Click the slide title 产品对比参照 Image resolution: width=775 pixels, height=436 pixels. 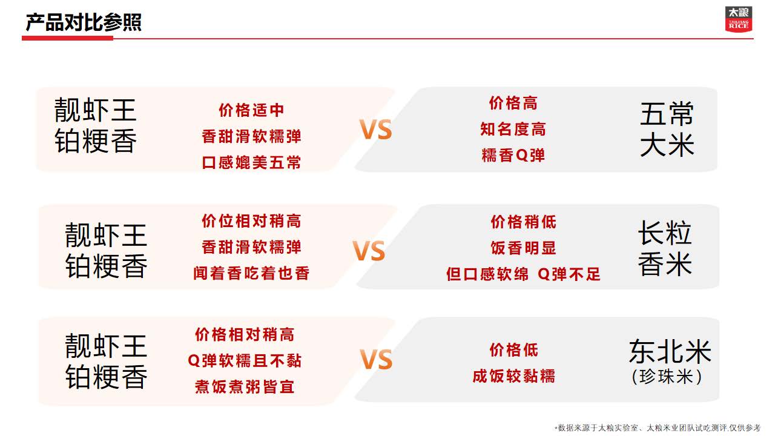coord(84,22)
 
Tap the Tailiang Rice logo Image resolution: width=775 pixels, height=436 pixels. coord(738,19)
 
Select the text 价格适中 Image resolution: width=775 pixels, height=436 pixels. coord(251,110)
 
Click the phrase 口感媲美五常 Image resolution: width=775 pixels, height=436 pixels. coord(251,162)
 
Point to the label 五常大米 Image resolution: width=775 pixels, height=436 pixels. coord(667,129)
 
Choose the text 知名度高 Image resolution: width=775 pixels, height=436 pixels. coord(513,129)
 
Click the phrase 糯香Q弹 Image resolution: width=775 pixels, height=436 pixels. coord(513,155)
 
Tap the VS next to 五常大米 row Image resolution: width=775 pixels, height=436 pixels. coord(376,130)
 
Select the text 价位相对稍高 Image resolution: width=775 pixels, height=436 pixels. coord(251,221)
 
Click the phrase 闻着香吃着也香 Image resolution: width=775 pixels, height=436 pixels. coord(251,273)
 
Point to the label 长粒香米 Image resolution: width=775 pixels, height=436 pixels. coord(665,248)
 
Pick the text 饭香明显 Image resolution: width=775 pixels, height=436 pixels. coord(523,248)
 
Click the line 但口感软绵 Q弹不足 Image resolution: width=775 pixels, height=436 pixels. coord(523,274)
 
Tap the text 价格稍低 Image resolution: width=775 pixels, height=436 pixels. coord(523,222)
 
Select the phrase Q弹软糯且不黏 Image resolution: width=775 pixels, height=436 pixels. coord(244,360)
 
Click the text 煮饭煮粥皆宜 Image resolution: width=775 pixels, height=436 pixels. coord(244,386)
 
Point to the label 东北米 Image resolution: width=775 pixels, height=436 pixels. coord(670,352)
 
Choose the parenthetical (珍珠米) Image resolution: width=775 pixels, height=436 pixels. coord(667,377)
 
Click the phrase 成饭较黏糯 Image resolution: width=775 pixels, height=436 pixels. coord(513,376)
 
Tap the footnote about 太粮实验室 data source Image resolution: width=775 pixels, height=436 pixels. coord(658,428)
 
